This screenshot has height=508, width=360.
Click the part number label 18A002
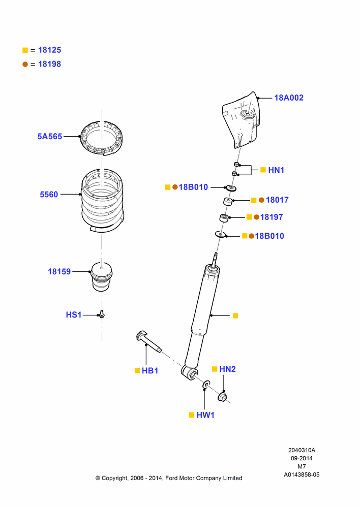click(289, 98)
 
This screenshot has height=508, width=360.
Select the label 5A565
click(50, 136)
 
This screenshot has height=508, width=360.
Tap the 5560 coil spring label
click(49, 195)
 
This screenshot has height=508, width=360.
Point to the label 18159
click(59, 271)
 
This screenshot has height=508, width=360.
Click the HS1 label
click(74, 314)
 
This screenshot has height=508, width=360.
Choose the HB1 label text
click(150, 371)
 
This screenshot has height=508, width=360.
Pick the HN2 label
click(227, 369)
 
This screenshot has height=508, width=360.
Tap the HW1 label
click(205, 415)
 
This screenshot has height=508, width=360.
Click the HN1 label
click(276, 170)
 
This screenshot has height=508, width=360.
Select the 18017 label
click(277, 200)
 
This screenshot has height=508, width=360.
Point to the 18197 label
click(272, 217)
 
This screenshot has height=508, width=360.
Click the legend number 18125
click(50, 50)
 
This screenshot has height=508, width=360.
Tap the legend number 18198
click(50, 64)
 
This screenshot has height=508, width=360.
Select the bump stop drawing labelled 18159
click(102, 276)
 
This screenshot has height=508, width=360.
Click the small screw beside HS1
click(102, 314)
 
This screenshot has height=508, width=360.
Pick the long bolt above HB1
click(148, 341)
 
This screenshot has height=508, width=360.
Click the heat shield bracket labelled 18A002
click(242, 120)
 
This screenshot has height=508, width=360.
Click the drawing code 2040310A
click(302, 450)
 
